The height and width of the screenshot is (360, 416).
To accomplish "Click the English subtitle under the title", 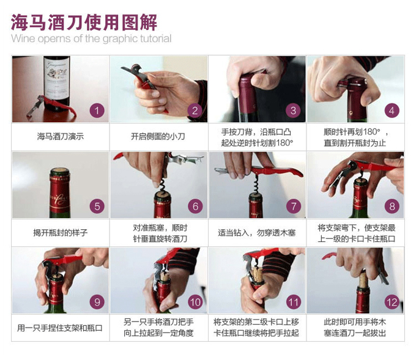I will tap(91, 39).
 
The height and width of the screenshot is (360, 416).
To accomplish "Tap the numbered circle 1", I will tap(97, 111).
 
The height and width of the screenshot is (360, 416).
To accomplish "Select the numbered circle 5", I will tap(97, 206).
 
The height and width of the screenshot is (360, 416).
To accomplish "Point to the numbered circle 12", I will tap(392, 301).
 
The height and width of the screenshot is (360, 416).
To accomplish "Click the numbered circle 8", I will tap(392, 206).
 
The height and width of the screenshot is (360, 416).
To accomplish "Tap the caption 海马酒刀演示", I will tap(60, 137).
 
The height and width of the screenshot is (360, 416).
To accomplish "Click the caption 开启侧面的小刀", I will tap(158, 137).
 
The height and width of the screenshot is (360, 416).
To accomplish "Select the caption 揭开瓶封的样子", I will tap(60, 233).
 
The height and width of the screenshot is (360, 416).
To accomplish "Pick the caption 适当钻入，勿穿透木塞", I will tap(256, 233).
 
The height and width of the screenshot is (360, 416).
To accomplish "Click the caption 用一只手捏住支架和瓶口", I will tap(60, 328).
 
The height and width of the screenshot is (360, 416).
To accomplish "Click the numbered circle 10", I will tap(195, 301).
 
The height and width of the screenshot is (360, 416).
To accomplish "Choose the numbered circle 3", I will tap(293, 111).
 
